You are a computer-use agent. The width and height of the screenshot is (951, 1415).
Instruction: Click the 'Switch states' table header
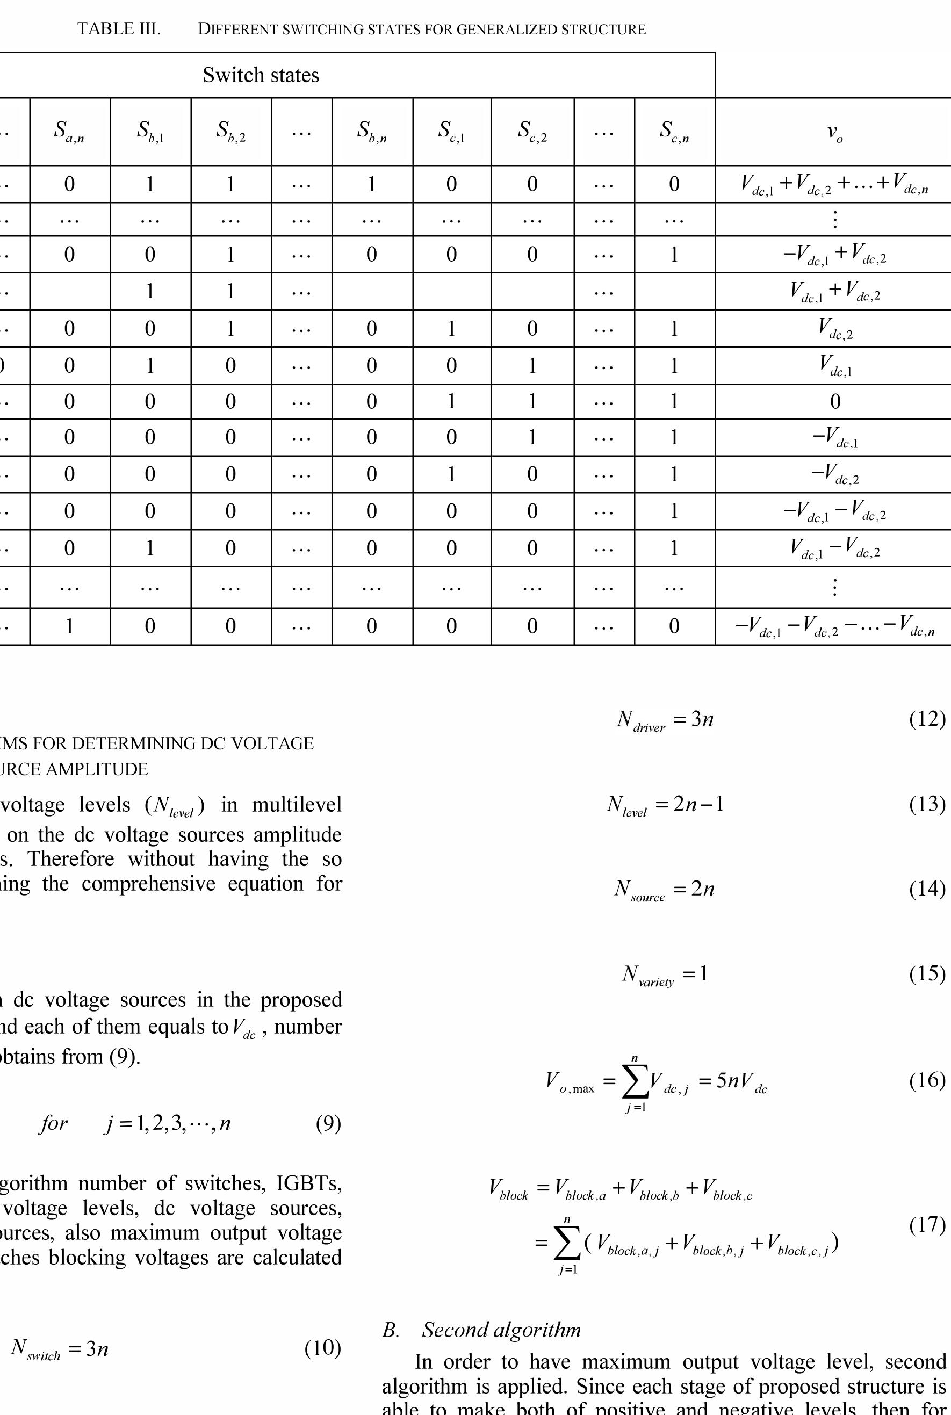pos(261,75)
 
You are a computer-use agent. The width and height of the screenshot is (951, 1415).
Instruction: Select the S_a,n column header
pos(69,131)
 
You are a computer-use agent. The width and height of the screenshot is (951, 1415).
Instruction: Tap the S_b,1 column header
pos(150,131)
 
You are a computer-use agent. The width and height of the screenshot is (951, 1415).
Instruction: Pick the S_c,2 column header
pos(532,131)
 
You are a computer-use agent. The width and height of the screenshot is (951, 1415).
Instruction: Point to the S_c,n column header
pos(674,131)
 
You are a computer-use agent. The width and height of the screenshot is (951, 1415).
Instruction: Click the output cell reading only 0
pos(834,401)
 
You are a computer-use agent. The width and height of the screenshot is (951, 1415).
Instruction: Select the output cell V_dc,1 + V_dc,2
pos(834,292)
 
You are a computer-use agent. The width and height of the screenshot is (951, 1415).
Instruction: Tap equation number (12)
pos(927,719)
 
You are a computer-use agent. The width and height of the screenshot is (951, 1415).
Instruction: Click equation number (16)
pos(927,1080)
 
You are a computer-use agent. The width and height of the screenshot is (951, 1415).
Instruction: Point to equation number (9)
pos(328,1123)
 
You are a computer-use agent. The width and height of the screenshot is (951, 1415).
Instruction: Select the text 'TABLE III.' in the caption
pos(119,29)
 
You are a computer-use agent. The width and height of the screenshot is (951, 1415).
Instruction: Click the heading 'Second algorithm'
pos(501,1330)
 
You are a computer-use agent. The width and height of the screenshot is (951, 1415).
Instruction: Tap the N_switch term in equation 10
pos(35,1348)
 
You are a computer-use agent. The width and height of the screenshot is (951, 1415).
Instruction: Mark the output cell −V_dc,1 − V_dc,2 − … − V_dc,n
pos(834,626)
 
